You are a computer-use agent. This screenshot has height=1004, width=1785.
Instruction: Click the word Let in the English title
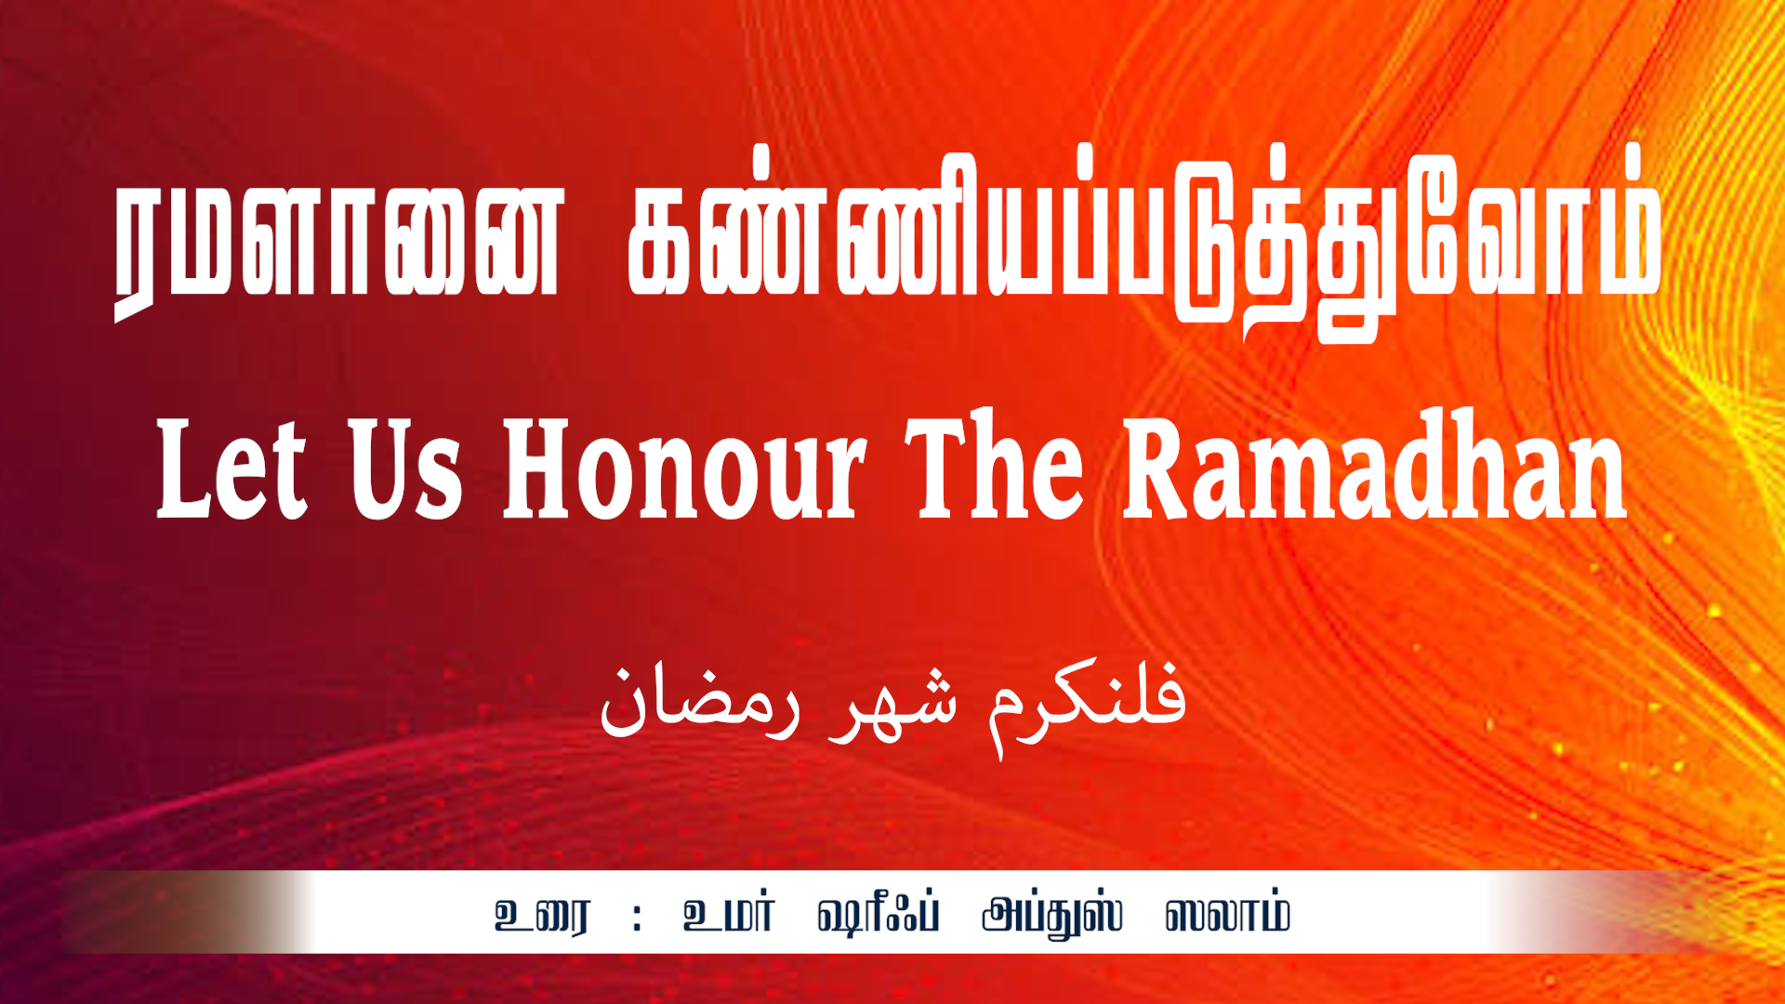click(x=231, y=468)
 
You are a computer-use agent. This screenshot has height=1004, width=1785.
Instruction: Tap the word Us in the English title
click(x=405, y=468)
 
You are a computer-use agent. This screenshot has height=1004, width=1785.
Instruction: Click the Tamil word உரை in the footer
click(x=541, y=916)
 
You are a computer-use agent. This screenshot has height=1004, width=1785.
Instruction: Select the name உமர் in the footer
click(x=728, y=915)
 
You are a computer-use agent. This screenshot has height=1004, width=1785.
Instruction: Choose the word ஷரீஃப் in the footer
click(x=879, y=914)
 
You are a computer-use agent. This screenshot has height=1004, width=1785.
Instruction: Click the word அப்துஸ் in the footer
click(x=1052, y=916)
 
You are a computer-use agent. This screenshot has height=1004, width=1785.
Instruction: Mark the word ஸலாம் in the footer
click(x=1227, y=915)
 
